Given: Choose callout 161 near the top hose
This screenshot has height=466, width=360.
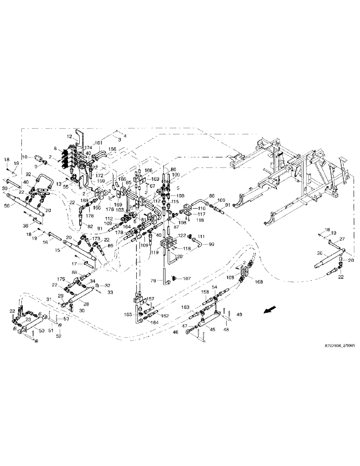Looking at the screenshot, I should [98, 144].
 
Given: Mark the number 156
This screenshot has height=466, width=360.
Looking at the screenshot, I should [112, 150].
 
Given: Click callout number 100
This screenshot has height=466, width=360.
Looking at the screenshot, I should [176, 174].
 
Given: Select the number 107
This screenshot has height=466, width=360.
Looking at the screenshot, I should [187, 279].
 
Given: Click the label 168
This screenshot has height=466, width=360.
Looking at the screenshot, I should [258, 281].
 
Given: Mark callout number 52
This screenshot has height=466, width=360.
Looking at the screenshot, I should [59, 336].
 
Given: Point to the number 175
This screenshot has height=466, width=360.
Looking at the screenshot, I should [61, 279].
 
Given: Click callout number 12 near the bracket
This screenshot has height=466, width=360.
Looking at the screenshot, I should [69, 137].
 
